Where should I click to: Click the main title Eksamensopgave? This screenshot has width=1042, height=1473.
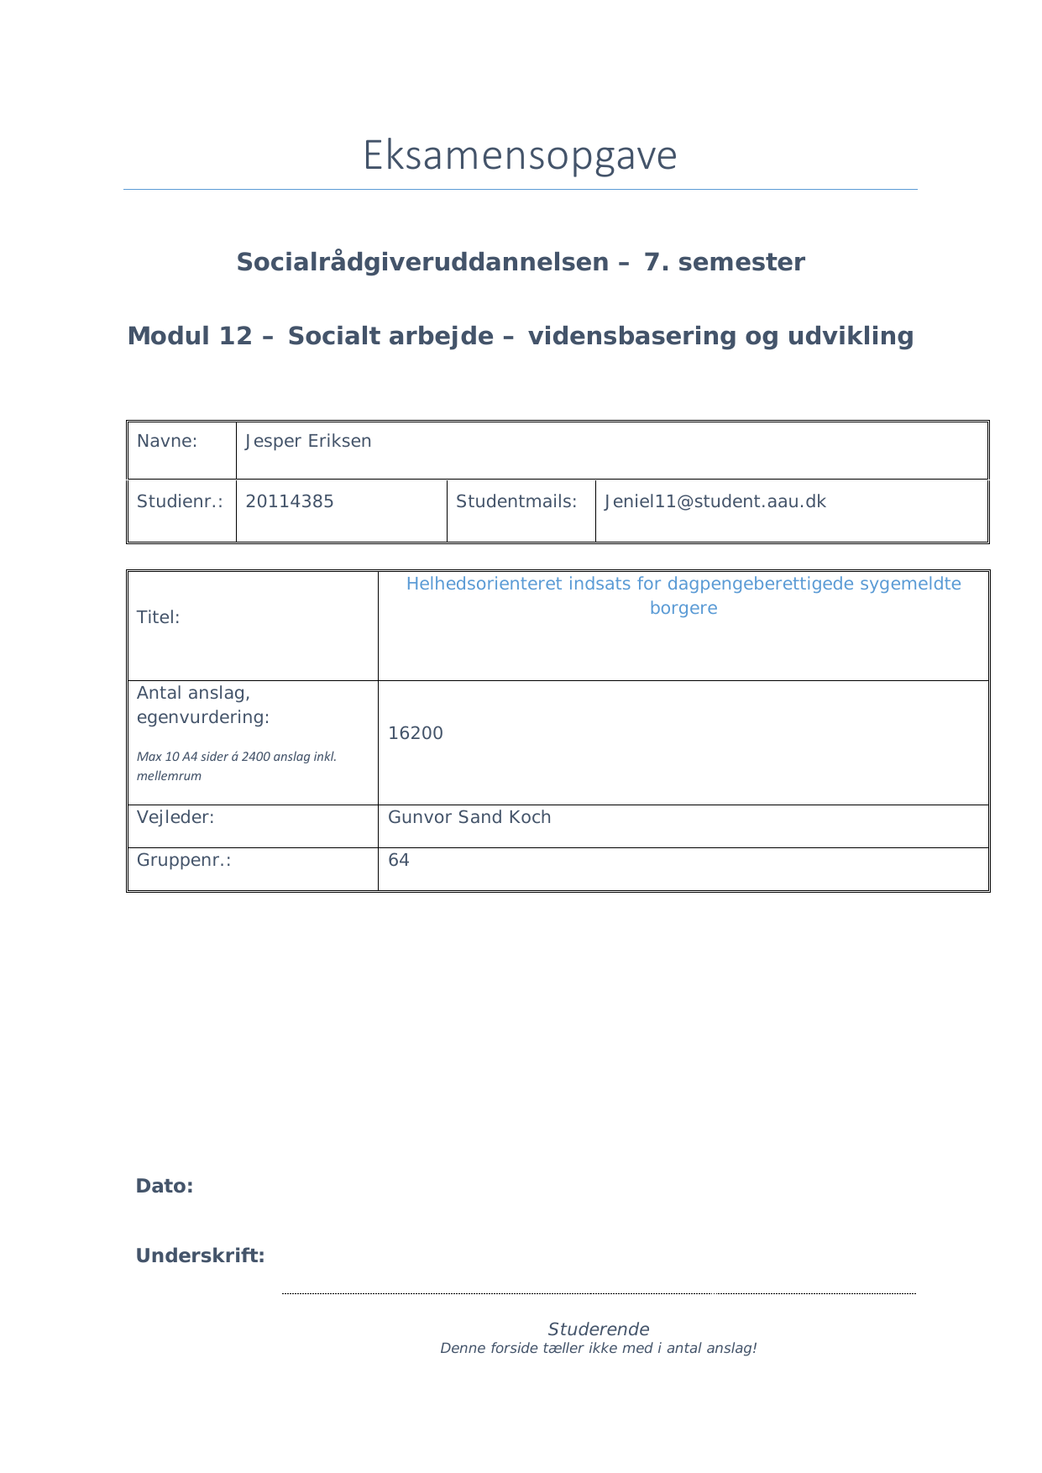[x=520, y=156]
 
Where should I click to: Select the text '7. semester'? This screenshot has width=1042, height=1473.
[x=724, y=262]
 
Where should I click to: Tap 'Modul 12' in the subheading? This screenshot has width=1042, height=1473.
[x=189, y=336]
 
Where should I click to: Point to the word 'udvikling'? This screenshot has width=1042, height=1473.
[x=850, y=336]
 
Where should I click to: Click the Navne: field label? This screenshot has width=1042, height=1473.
[x=167, y=442]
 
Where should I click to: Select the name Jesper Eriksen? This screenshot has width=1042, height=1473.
[x=308, y=442]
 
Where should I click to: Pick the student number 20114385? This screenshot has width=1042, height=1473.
[x=290, y=502]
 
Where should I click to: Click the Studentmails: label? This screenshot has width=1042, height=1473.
[x=516, y=502]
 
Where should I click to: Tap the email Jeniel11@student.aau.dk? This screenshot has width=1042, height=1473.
[x=715, y=502]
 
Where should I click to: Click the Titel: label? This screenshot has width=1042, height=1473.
[x=159, y=617]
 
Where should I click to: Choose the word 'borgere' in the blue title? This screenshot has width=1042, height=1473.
[x=683, y=608]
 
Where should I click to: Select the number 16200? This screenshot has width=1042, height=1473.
[x=416, y=733]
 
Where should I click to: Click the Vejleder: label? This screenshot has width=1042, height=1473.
[x=175, y=817]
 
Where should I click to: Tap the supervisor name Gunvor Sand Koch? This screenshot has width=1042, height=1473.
[x=469, y=817]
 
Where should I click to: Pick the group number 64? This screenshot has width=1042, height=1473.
[x=399, y=860]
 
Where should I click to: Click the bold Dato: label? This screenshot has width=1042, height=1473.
[x=165, y=1186]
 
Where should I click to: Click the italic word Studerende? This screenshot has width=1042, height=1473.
[x=599, y=1329]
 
